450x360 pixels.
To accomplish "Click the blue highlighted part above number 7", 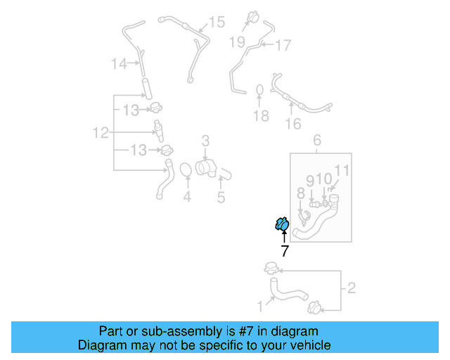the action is (x=281, y=224).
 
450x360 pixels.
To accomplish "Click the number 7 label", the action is (x=284, y=251).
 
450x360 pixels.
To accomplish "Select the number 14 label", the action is (x=119, y=64).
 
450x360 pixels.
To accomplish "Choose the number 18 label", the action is (x=261, y=116).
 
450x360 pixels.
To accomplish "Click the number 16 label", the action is (x=292, y=124).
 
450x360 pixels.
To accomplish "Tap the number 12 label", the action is (x=101, y=132).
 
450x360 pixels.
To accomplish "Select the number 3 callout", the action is (x=205, y=141).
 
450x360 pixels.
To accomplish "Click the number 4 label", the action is (x=187, y=198).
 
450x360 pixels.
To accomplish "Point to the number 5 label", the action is (x=221, y=198).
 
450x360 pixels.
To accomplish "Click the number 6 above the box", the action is (x=316, y=140).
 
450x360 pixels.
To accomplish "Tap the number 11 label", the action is (x=342, y=170).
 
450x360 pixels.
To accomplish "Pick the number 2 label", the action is (x=352, y=287).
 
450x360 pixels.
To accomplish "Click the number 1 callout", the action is (x=260, y=306).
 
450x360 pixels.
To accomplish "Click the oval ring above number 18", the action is (x=259, y=91).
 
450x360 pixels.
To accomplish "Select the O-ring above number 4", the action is (x=186, y=171).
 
